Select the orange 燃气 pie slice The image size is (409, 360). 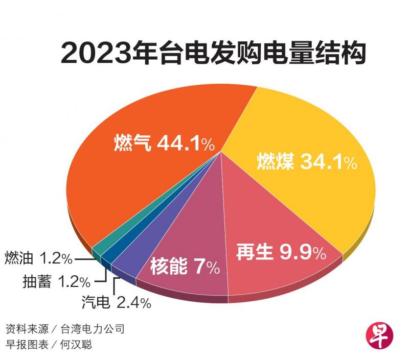(x=153, y=112)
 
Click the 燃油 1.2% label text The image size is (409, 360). (x=38, y=258)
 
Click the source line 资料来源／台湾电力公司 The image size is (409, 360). (x=65, y=328)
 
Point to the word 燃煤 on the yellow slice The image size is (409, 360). (x=275, y=162)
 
